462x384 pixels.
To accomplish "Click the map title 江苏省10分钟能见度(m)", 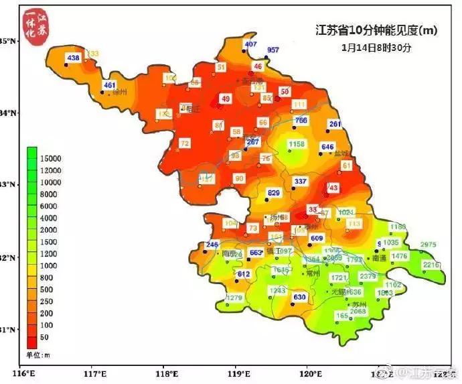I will (376, 30).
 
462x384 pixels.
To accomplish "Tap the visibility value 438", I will (74, 58).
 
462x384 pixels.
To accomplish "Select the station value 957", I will (273, 50).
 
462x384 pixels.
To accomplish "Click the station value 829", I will (273, 193).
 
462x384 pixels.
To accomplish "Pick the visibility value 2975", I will (428, 245).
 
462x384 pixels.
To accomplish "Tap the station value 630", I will (299, 298).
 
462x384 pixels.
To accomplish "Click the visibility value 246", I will (212, 245).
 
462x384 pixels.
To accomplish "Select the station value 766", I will (301, 121).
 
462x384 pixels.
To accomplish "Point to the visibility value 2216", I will (433, 265).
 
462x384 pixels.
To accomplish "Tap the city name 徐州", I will (121, 92).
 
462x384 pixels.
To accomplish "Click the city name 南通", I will (380, 257).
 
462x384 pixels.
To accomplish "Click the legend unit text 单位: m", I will (38, 353).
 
